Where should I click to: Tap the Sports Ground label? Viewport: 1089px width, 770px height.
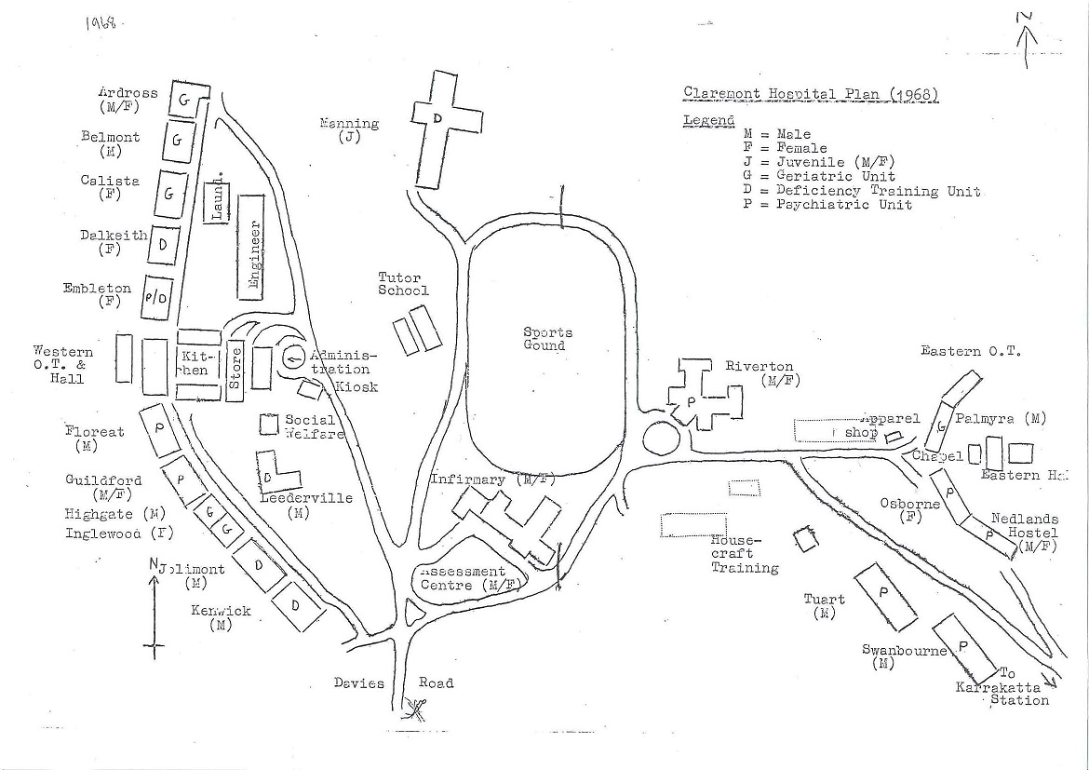(547, 339)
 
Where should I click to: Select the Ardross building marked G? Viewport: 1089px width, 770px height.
(185, 101)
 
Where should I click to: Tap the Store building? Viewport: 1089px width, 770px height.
(235, 367)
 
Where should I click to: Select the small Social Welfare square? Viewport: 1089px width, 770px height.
(269, 424)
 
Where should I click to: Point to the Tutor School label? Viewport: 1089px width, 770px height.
(403, 284)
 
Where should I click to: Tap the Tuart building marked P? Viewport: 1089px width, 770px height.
(883, 591)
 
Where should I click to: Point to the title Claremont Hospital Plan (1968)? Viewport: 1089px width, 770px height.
(810, 94)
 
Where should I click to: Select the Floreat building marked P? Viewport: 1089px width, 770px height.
(160, 430)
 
